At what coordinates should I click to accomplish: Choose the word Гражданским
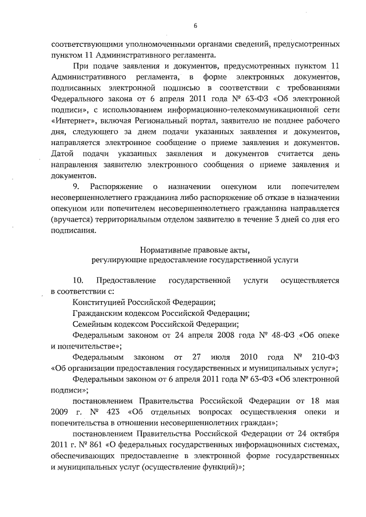pyautogui.click(x=98, y=312)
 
